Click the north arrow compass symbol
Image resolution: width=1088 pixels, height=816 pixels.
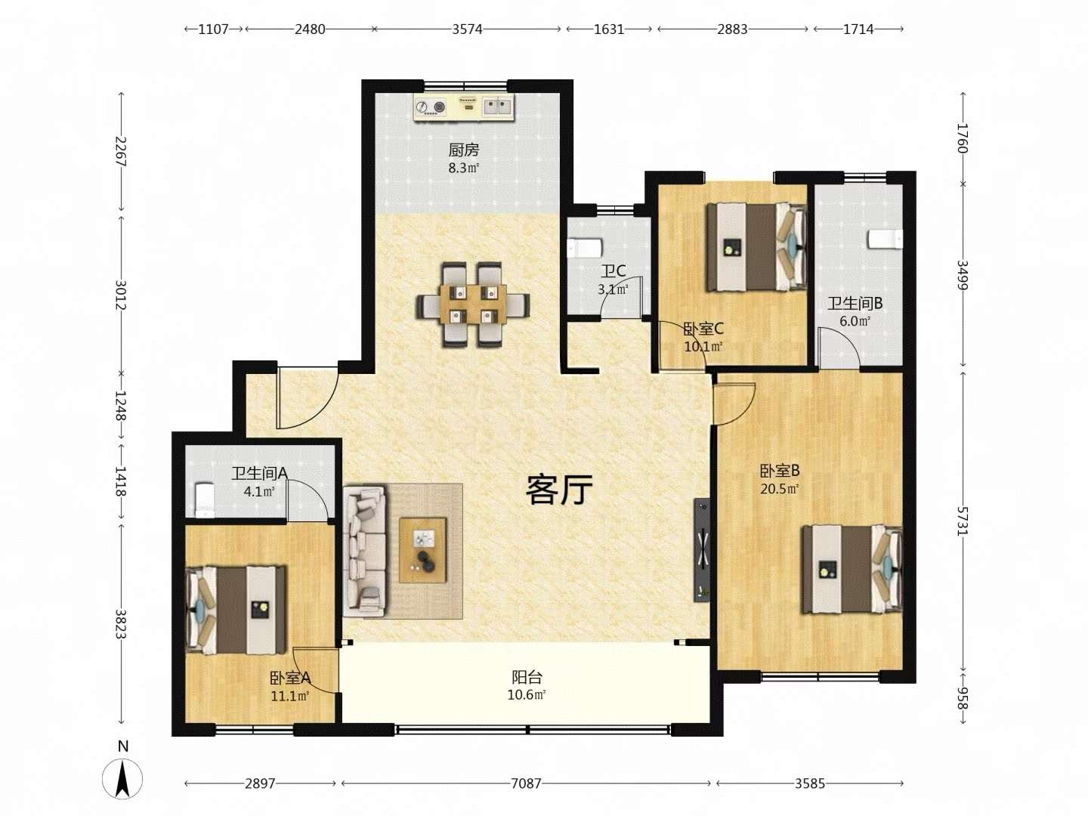[122, 778]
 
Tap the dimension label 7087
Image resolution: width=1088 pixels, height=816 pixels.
[526, 784]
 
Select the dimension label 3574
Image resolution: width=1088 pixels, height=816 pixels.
[467, 29]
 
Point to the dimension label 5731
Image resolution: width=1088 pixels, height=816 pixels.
[962, 521]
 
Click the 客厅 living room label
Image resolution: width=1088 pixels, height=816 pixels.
[559, 490]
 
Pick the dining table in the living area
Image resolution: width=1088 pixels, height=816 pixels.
[472, 304]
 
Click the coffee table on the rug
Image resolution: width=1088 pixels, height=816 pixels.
[423, 549]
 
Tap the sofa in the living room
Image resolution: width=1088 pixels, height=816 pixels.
[364, 551]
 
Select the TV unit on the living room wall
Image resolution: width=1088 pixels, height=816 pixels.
[701, 550]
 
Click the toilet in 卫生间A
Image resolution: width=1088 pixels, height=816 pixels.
[205, 500]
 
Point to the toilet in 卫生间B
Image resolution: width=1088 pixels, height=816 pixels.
[886, 239]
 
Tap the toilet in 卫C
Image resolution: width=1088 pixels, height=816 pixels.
[585, 249]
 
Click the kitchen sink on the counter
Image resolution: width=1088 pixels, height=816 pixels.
[497, 107]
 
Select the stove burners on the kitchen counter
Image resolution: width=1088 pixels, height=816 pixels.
[431, 107]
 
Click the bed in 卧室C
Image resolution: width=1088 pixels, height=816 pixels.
[756, 246]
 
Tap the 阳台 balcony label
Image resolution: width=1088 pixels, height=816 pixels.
[527, 677]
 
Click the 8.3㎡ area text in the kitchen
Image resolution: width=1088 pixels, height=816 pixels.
[464, 168]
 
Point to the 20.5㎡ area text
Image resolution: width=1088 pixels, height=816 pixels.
[780, 489]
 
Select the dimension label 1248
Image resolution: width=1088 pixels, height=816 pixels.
[120, 405]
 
